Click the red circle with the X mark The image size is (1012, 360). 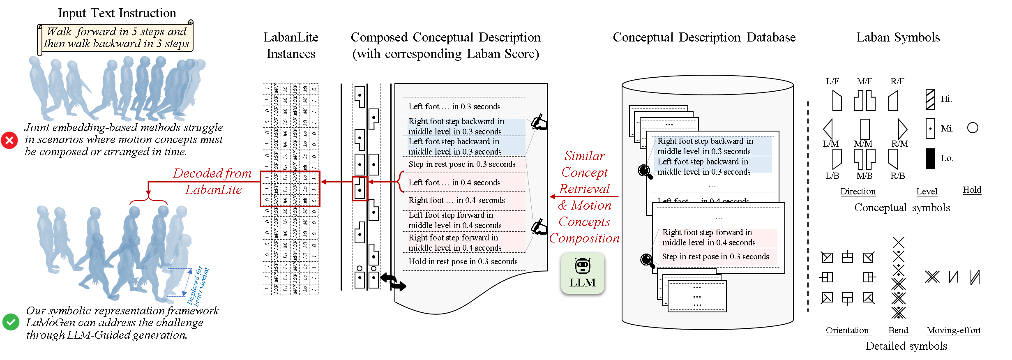(x=9, y=141)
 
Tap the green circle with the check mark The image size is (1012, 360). (x=11, y=322)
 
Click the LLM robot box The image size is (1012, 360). (x=583, y=273)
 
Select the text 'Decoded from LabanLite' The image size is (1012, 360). (x=212, y=181)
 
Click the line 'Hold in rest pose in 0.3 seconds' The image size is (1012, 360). (x=463, y=261)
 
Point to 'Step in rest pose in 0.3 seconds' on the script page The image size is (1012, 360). (x=462, y=164)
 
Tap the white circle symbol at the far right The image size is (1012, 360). (x=973, y=128)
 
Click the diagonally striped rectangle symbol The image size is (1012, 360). (x=931, y=99)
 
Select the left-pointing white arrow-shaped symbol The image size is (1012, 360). (x=828, y=129)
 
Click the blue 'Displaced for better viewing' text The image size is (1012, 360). (x=198, y=286)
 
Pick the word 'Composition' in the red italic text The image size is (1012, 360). (x=584, y=238)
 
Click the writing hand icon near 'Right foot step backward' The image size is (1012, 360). (x=539, y=122)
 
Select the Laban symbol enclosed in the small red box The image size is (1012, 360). (x=360, y=189)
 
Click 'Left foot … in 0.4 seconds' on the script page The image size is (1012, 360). (x=454, y=182)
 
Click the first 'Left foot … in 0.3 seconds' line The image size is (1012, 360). (x=454, y=106)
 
